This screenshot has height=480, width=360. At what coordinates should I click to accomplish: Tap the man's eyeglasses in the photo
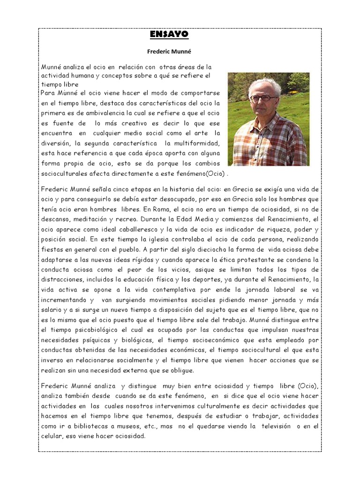[263, 98]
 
